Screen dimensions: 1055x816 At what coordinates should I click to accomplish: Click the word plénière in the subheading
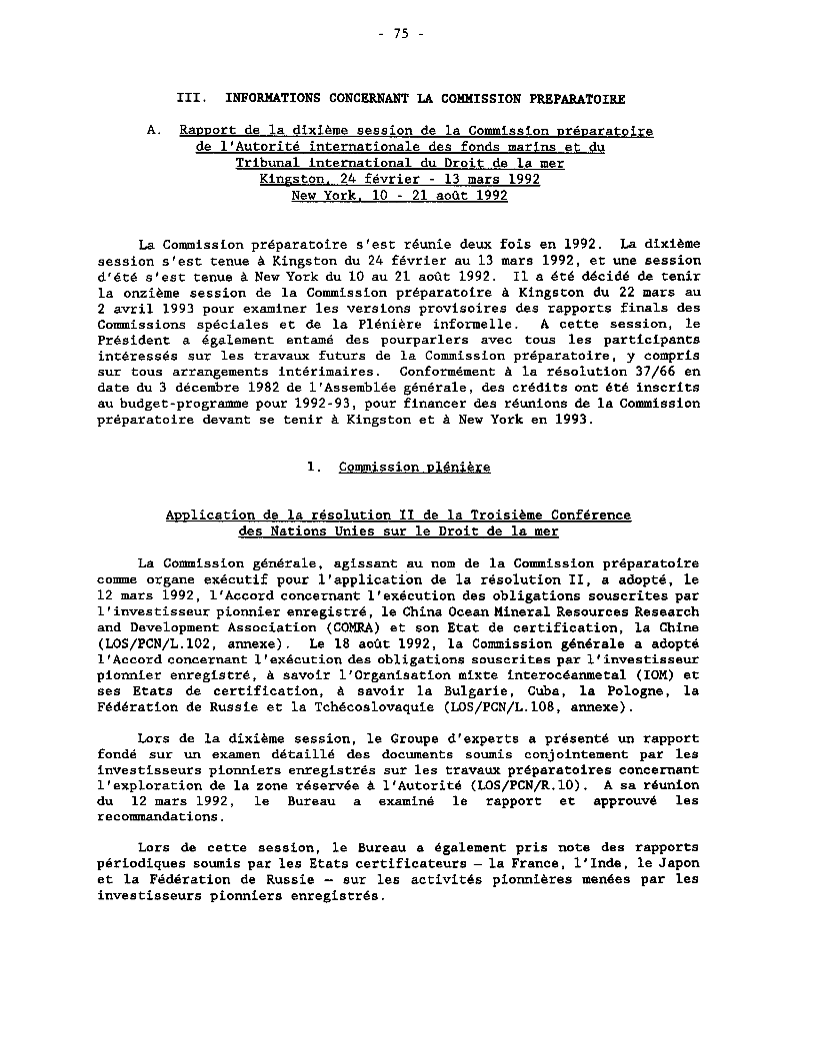pos(459,467)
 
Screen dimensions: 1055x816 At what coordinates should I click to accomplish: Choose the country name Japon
pos(678,863)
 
